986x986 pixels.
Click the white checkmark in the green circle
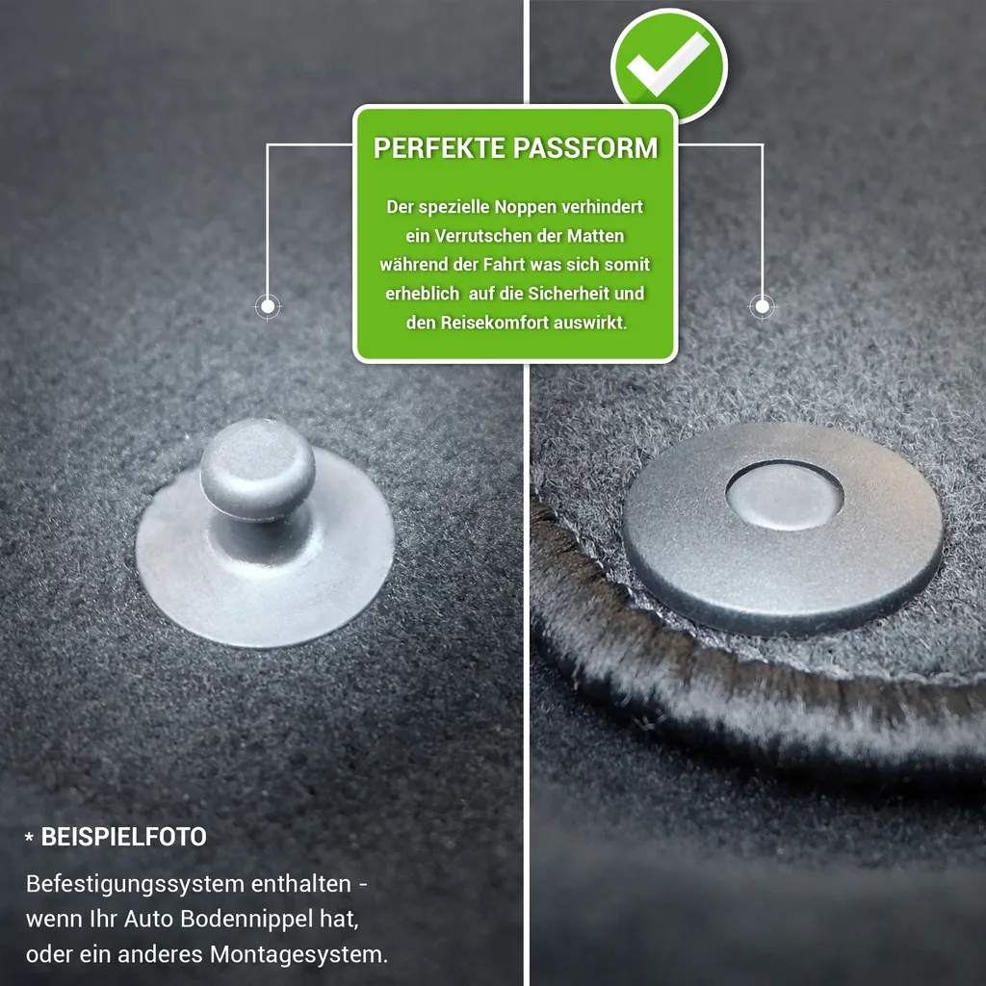pos(668,65)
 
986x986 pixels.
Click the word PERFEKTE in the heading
pos(439,148)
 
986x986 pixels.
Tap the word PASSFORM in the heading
pos(585,148)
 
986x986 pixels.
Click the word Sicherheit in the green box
pos(568,294)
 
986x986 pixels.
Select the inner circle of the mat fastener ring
pos(784,495)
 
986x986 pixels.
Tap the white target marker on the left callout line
pos(268,307)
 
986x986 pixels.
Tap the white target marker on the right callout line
pos(763,307)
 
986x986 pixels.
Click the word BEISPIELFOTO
pos(124,837)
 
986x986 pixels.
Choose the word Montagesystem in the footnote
pos(298,954)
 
